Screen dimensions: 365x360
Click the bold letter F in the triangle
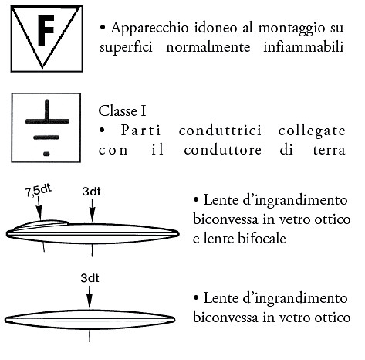pos(46,31)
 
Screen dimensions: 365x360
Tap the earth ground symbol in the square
pos(47,127)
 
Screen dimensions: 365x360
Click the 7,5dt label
pos(38,191)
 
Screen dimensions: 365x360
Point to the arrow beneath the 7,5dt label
pos(39,209)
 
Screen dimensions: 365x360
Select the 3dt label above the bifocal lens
pos(92,192)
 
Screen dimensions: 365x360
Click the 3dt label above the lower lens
pos(90,278)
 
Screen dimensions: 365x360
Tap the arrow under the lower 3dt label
pos(90,297)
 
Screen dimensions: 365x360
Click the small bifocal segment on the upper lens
pos(41,224)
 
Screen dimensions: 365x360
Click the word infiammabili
pos(303,47)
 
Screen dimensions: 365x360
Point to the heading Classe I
pos(122,111)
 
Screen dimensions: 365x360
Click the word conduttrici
pos(220,131)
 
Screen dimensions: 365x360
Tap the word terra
pos(329,150)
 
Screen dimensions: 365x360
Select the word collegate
pos(312,131)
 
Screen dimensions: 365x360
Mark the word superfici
pos(126,48)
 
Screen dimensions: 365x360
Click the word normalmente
pos(208,47)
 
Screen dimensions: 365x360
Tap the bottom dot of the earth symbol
pos(46,154)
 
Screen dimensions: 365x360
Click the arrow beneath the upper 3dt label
pos(93,211)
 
